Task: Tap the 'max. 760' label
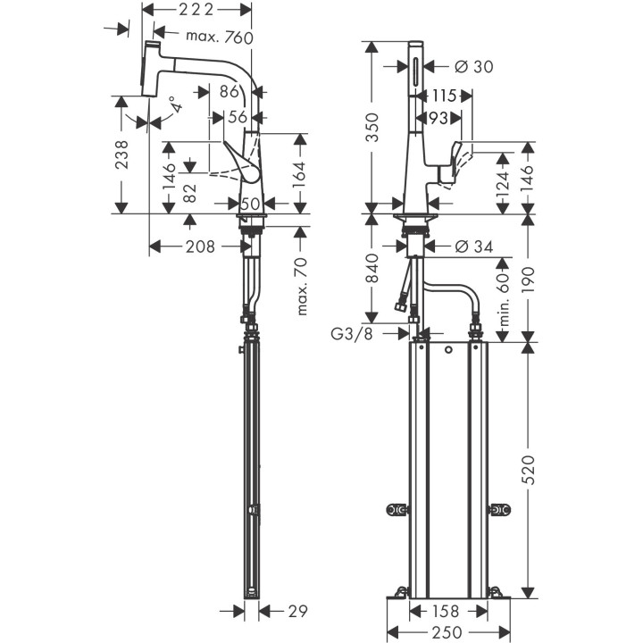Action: tap(220, 37)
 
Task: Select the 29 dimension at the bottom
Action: tap(297, 612)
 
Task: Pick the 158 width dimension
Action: tap(448, 612)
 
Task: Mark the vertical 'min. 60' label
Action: tap(503, 298)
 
